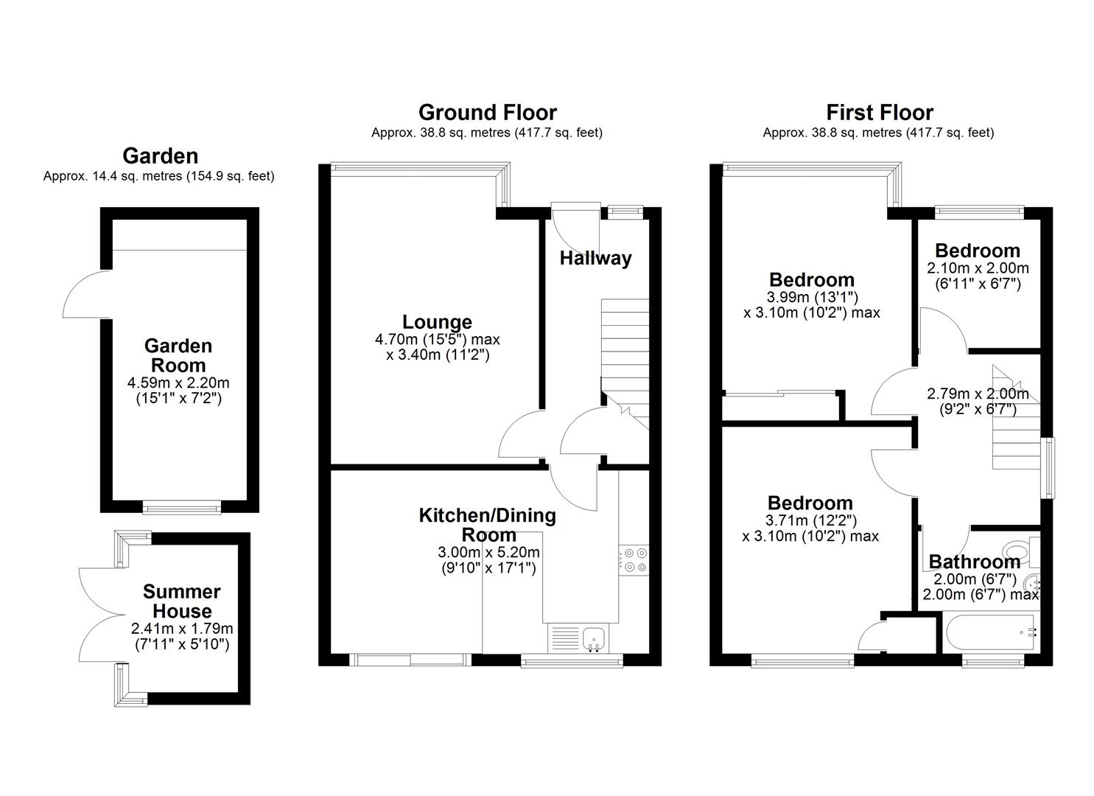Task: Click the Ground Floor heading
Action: [487, 113]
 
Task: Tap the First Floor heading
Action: [879, 113]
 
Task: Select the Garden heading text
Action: [160, 156]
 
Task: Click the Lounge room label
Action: [437, 322]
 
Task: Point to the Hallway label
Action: [595, 258]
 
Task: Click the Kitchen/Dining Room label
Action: [487, 525]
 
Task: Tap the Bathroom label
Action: [974, 562]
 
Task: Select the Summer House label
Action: [182, 601]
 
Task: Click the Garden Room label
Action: [178, 355]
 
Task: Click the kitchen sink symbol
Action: [593, 638]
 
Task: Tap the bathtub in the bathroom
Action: [991, 632]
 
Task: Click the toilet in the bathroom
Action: [1020, 550]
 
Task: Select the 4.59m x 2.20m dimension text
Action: [178, 383]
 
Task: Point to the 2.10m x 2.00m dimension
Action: [978, 268]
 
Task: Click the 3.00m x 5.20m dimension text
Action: [488, 553]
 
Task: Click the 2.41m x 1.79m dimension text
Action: [182, 629]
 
